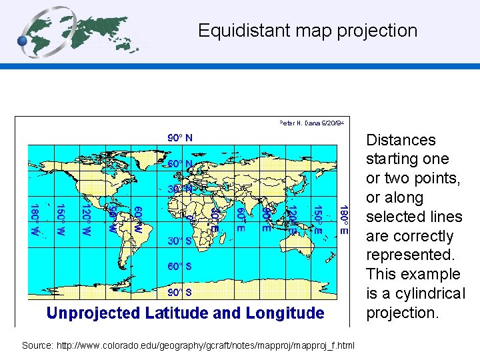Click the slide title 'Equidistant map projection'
click(x=307, y=31)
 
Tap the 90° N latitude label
click(x=179, y=138)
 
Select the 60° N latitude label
click(x=179, y=163)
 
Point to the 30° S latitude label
click(x=179, y=241)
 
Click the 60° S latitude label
click(x=179, y=266)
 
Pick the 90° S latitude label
click(x=179, y=291)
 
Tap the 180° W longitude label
click(x=34, y=219)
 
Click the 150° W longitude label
click(x=59, y=219)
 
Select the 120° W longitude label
click(x=85, y=219)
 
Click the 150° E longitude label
click(x=317, y=219)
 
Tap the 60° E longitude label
click(x=240, y=219)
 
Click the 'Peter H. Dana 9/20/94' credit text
click(x=311, y=123)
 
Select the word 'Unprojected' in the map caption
click(x=93, y=313)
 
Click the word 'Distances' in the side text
click(x=401, y=140)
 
